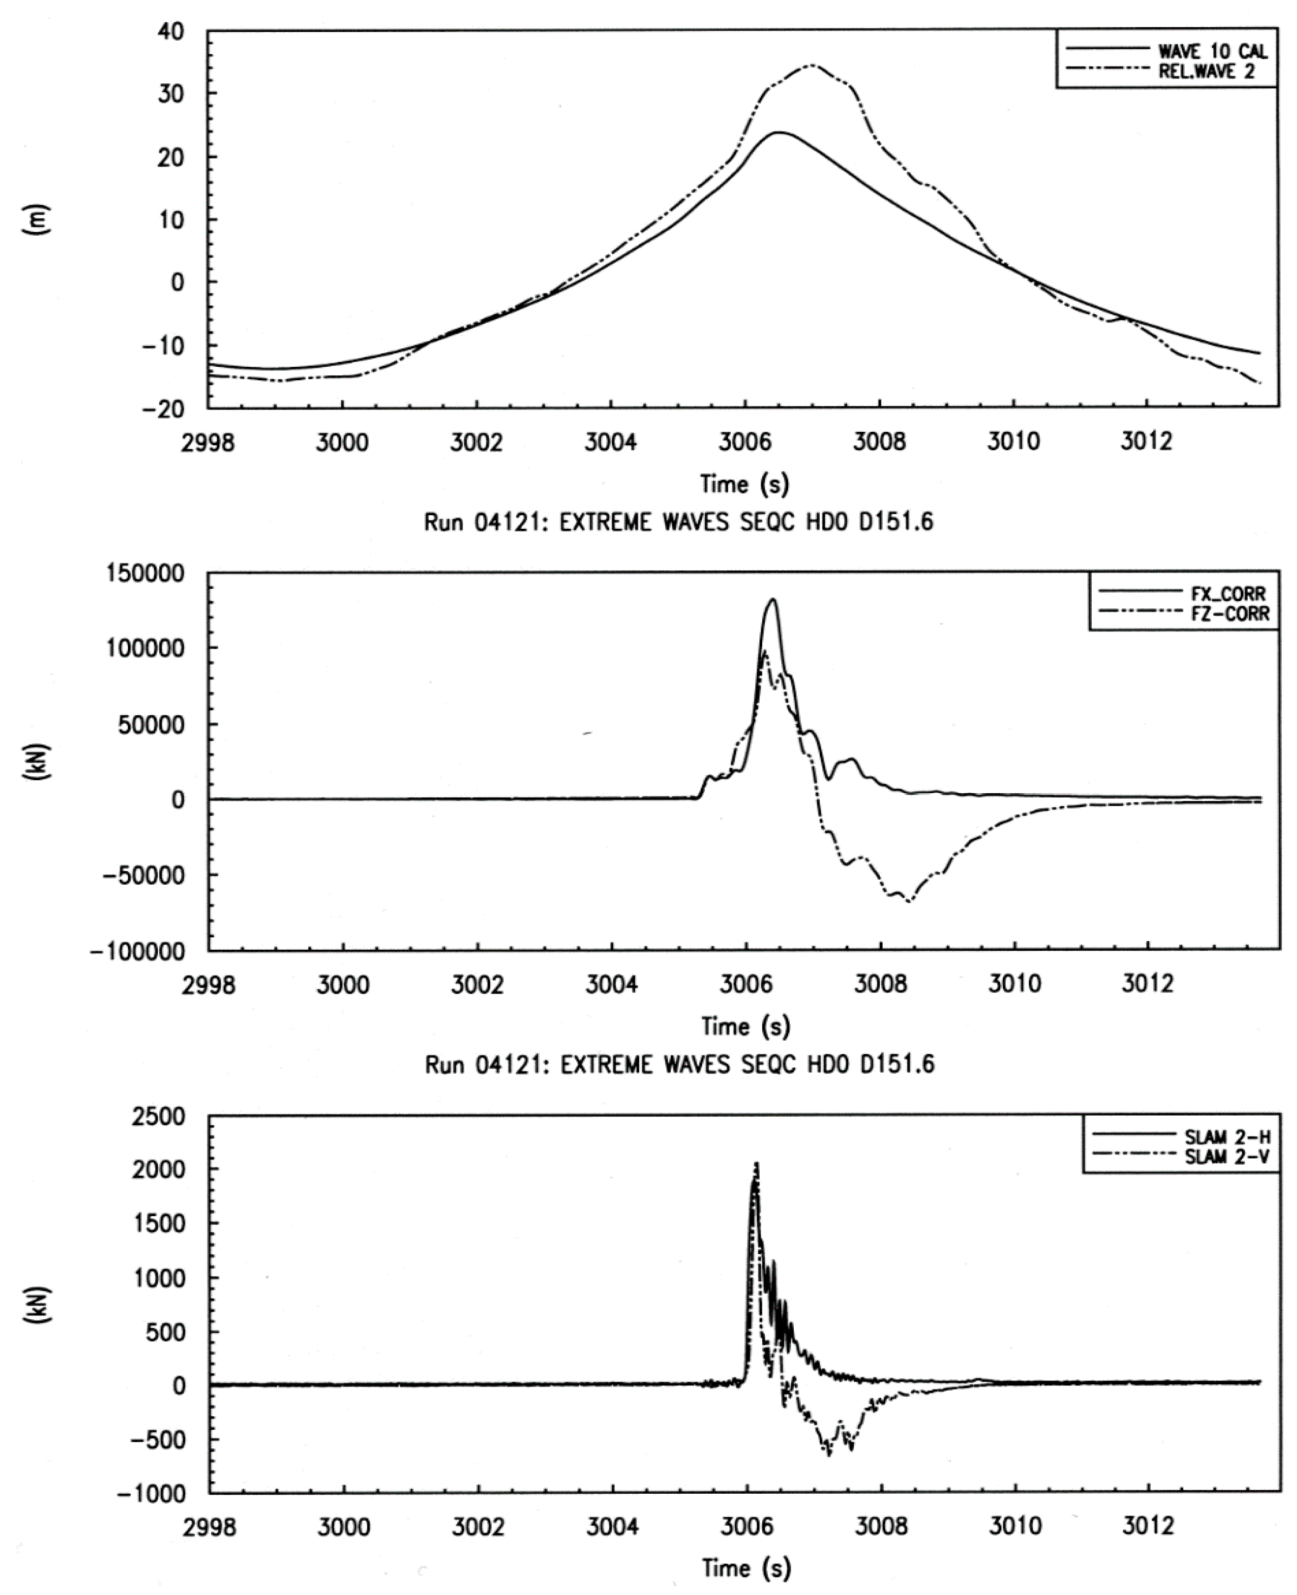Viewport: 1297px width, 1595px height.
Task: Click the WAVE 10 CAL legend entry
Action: [x=1212, y=51]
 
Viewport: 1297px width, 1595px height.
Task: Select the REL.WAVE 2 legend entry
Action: [x=1206, y=71]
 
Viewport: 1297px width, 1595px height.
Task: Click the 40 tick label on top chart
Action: [x=172, y=32]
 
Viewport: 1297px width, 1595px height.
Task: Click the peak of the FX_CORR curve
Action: [x=773, y=599]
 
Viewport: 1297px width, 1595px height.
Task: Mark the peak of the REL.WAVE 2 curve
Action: [x=812, y=66]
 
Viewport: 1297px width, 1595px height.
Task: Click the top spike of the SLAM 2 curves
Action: [x=756, y=1163]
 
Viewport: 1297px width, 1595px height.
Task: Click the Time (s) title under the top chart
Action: [x=745, y=484]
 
